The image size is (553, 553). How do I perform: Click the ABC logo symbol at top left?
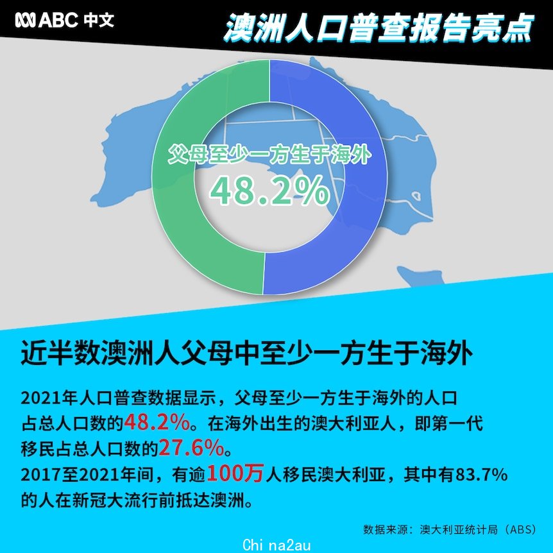pos(26,20)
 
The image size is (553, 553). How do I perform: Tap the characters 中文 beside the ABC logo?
pos(99,20)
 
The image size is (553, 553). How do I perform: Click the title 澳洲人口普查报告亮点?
pos(378,28)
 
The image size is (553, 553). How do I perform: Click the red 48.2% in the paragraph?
pos(157,423)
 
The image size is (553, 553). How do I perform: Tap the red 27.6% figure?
pos(191,448)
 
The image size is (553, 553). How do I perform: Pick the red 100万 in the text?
pos(235,473)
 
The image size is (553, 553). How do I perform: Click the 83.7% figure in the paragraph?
pos(481,475)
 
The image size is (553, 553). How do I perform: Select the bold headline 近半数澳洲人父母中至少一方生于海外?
pos(246,353)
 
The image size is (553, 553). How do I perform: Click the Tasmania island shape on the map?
pos(420,276)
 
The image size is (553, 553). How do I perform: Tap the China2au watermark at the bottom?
pos(277,545)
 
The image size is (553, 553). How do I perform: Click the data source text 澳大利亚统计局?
pos(459,529)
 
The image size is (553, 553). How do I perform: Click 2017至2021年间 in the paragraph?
pos(87,475)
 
